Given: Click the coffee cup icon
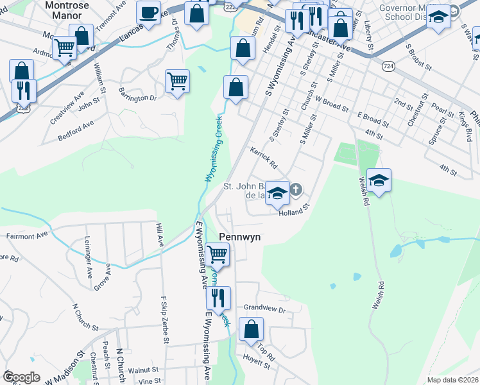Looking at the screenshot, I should [x=149, y=13].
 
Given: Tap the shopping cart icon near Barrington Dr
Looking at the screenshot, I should [x=177, y=81].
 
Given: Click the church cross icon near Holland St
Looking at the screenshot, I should [x=296, y=189].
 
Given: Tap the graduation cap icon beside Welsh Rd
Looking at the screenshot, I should [x=379, y=181].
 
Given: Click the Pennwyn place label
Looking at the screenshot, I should [x=240, y=237].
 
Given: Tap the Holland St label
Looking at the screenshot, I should [x=294, y=210].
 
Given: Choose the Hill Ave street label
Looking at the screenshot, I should [x=160, y=234].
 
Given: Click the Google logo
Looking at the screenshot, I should [x=22, y=377].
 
